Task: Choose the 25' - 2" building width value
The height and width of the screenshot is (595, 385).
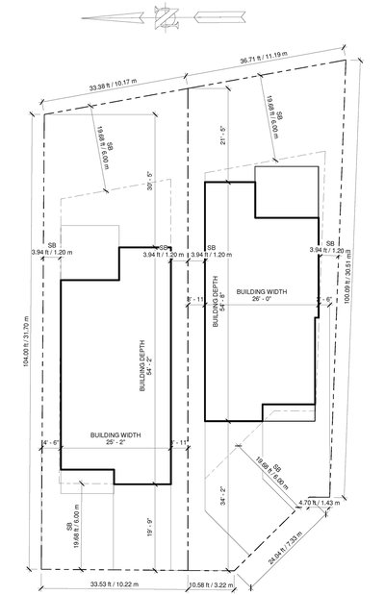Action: tap(116, 443)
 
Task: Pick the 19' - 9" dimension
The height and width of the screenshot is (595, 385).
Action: tap(147, 527)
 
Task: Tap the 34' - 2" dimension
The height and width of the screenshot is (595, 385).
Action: tap(223, 498)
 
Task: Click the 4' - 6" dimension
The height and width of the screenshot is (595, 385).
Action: tap(51, 442)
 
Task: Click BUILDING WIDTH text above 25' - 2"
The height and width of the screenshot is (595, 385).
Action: tap(116, 434)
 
